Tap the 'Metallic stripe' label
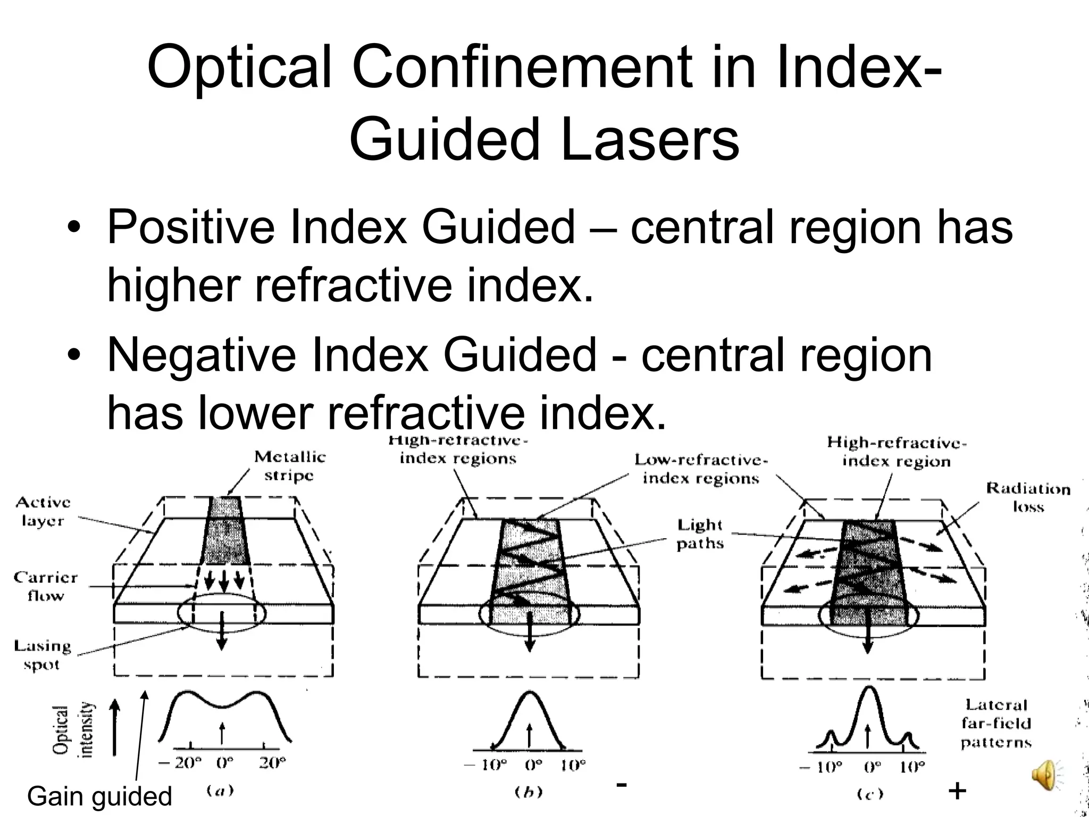point(290,466)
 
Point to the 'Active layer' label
point(43,511)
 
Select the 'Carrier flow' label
point(46,586)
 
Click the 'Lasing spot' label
point(42,655)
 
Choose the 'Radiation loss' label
point(1028,497)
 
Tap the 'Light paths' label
point(700,534)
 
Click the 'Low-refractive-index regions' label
point(701,469)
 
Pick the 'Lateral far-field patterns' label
point(996,723)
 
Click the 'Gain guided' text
point(99,796)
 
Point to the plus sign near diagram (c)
point(957,791)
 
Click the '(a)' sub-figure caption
point(220,791)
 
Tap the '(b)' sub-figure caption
point(529,792)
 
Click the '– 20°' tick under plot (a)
point(180,763)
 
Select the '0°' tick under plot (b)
point(533,765)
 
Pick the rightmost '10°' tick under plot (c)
point(912,767)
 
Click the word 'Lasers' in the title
point(649,139)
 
